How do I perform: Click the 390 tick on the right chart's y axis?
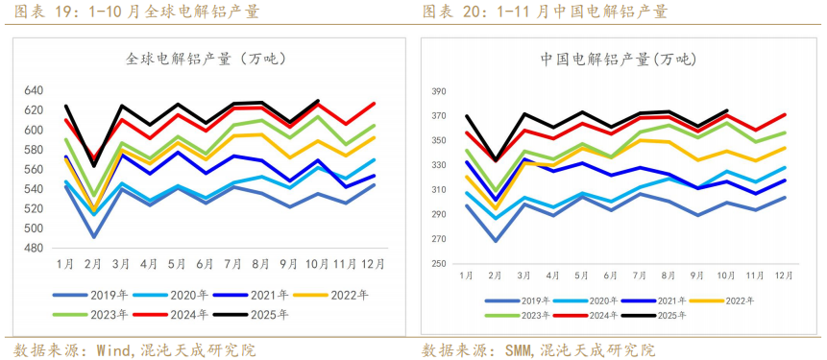[440, 92]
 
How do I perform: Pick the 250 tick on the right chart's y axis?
[440, 264]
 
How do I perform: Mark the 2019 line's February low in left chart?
[94, 236]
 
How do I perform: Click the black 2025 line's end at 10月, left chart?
[318, 100]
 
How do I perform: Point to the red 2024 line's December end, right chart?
[785, 115]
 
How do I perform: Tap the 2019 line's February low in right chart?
[495, 240]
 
